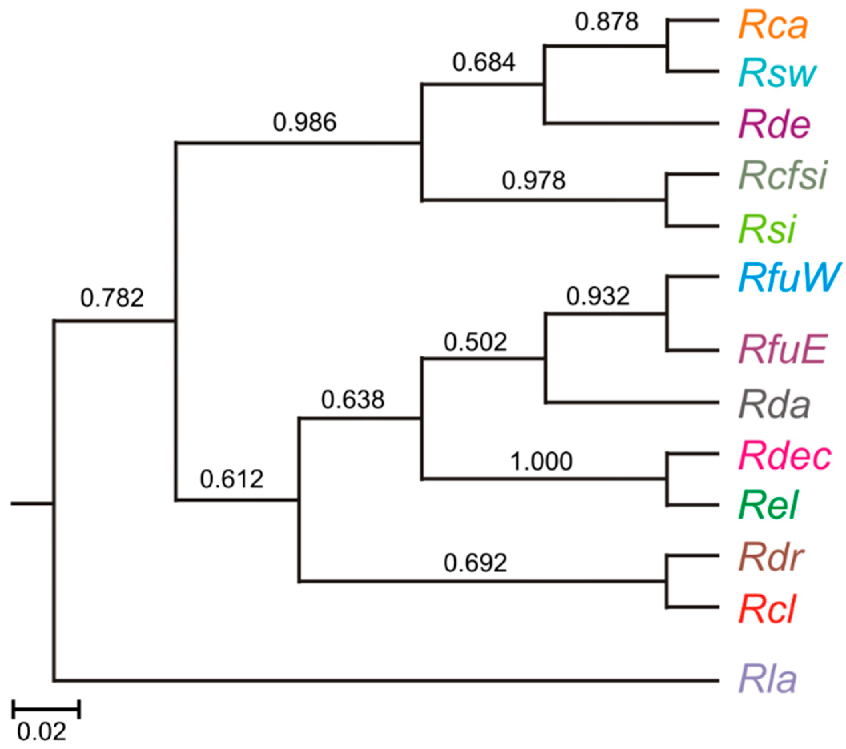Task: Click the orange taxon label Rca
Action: point(773,26)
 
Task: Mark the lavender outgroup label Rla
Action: point(768,680)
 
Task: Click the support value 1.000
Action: point(541,462)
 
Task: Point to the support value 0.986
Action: point(305,123)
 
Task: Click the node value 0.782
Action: point(112,298)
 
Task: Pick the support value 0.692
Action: point(475,563)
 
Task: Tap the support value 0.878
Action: point(607,22)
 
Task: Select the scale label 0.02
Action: point(41,732)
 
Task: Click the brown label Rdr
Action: point(771,557)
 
